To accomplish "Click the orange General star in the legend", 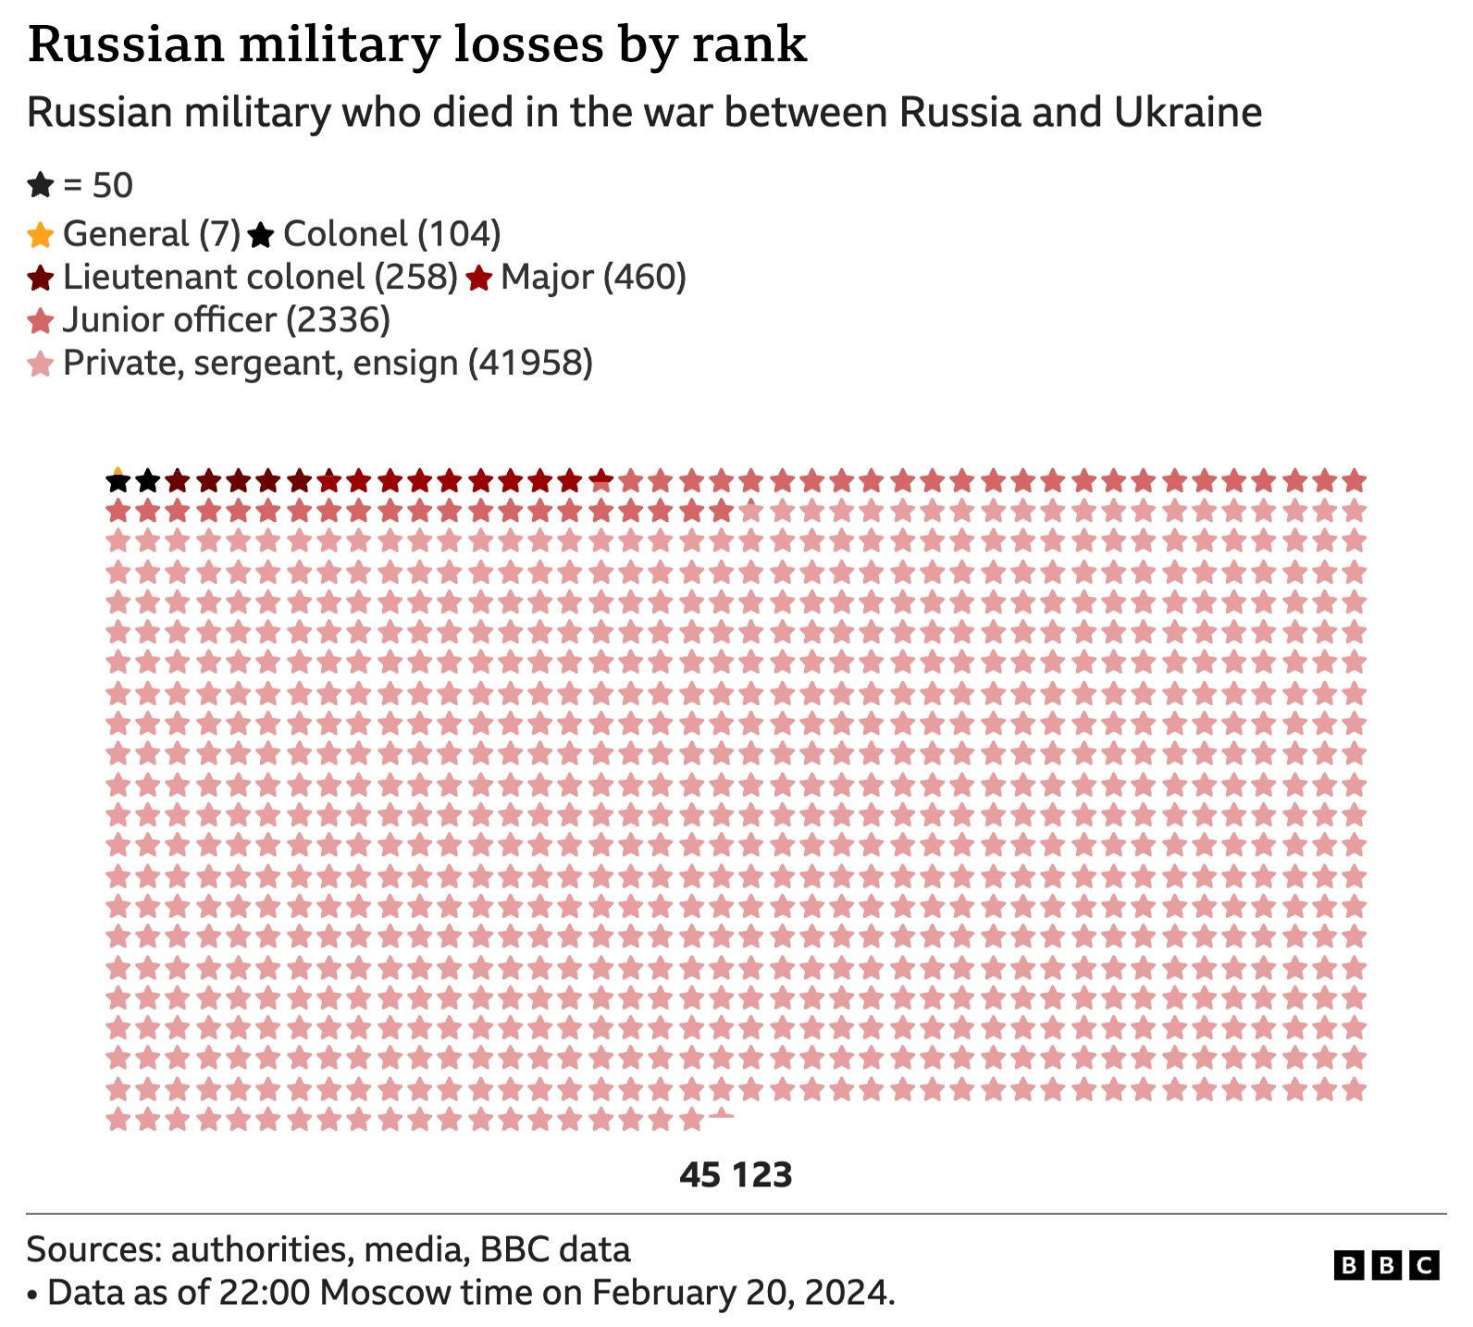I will click(40, 235).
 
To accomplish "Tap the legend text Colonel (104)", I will click(391, 234).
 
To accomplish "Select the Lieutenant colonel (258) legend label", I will click(260, 277).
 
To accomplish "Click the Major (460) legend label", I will click(593, 277).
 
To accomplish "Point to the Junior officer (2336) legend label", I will click(227, 320).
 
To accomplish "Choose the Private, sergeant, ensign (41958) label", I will click(328, 363).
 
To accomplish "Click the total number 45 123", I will click(736, 1175).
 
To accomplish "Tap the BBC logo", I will click(1385, 1265).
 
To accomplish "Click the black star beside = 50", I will click(40, 186).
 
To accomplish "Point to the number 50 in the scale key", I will click(113, 186).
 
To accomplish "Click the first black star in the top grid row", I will click(118, 482).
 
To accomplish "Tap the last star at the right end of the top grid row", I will click(1354, 482).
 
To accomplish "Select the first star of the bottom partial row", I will click(118, 1121).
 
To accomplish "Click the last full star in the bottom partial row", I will click(690, 1121).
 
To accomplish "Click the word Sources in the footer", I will click(91, 1249).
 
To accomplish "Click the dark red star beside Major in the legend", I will click(478, 278).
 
